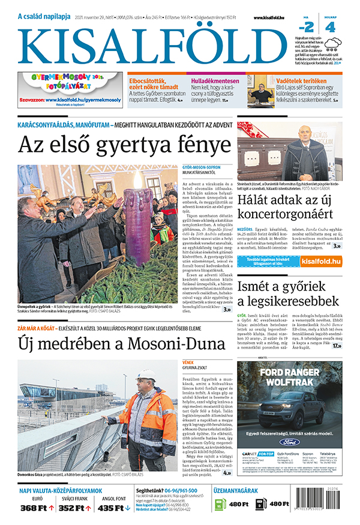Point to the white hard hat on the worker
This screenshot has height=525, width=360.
pyautogui.click(x=146, y=376)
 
